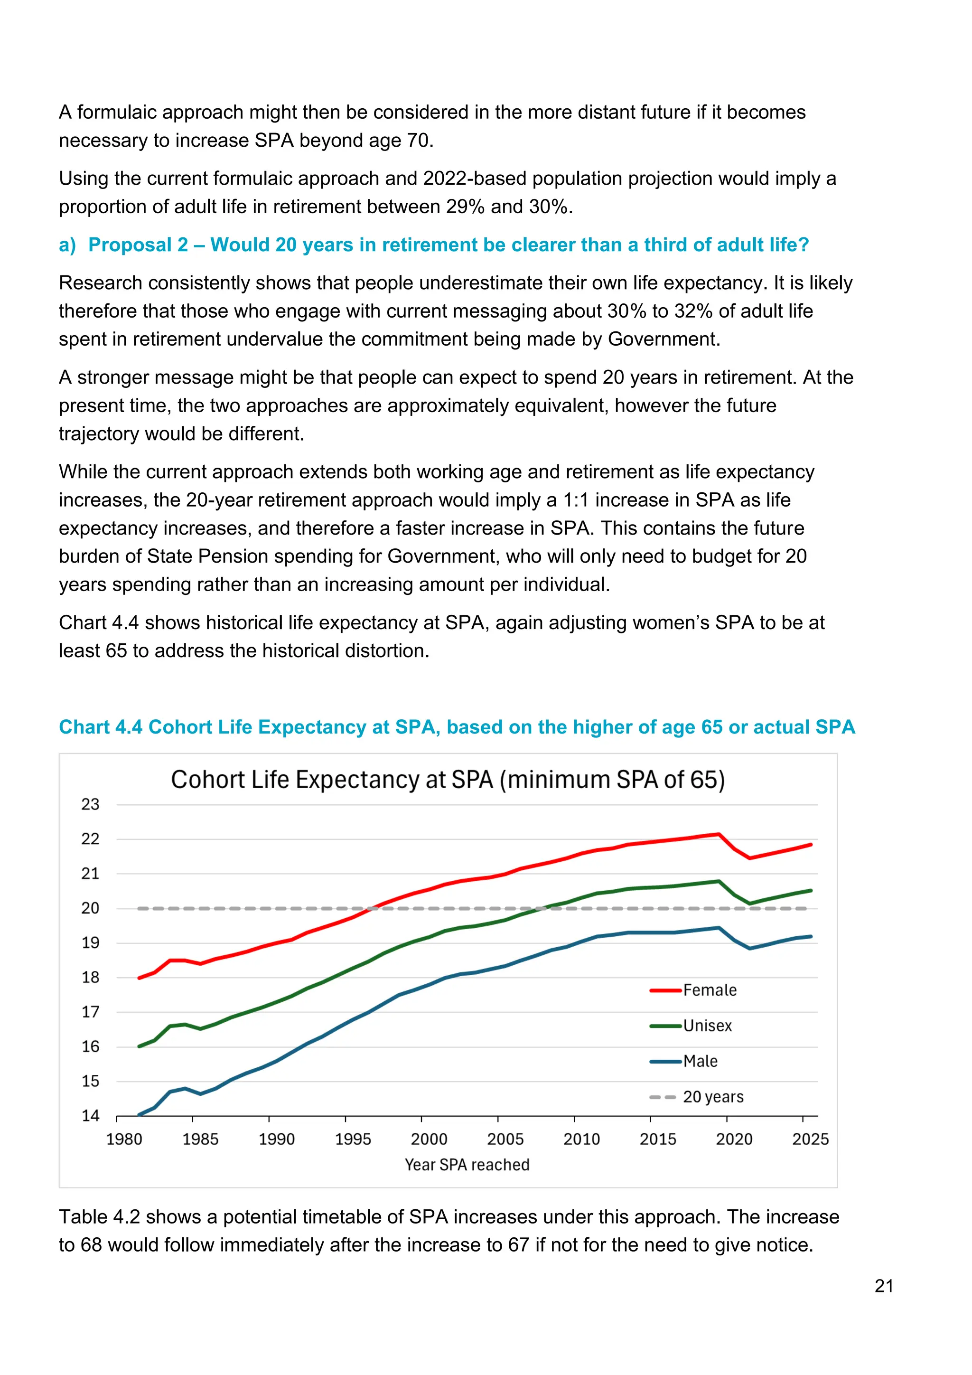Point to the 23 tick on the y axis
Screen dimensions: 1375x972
tap(90, 804)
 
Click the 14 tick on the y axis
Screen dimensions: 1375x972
tap(90, 1116)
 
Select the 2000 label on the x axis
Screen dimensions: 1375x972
tap(429, 1139)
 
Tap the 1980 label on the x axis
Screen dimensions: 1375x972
tap(124, 1139)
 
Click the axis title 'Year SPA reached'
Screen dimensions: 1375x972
tap(467, 1165)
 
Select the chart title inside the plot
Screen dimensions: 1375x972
tap(448, 780)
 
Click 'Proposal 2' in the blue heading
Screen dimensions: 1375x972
tap(138, 245)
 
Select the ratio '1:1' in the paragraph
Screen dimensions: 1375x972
tap(576, 500)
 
